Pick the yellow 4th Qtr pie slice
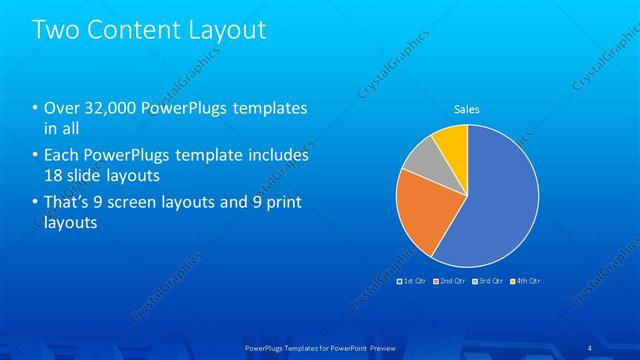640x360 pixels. click(x=453, y=142)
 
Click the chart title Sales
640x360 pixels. click(x=467, y=108)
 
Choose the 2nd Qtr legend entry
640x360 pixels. click(x=449, y=281)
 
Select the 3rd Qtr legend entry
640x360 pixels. click(x=487, y=281)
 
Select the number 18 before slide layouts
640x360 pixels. click(x=55, y=176)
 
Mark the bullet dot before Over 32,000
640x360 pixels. click(x=36, y=108)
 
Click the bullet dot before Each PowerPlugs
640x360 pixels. click(x=36, y=156)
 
